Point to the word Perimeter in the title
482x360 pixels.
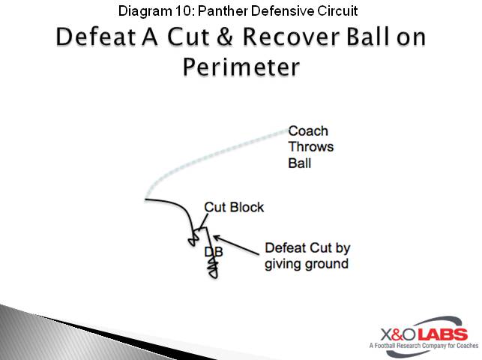click(241, 67)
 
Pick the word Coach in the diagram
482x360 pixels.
click(308, 131)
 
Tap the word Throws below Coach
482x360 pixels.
click(310, 146)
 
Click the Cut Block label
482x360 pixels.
click(234, 207)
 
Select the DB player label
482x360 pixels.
click(214, 252)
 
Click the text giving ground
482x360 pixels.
click(306, 263)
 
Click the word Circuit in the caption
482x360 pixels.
click(335, 10)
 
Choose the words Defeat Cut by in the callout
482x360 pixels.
click(308, 248)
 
